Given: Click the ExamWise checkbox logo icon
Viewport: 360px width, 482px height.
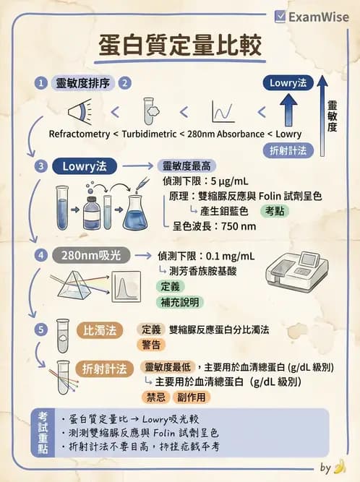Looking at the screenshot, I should (x=281, y=16).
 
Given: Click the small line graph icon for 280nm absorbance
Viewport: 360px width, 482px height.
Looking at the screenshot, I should (x=222, y=112).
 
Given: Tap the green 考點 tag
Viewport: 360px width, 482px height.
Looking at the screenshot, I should (x=274, y=211).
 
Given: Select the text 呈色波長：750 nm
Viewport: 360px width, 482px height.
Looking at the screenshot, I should (x=214, y=226).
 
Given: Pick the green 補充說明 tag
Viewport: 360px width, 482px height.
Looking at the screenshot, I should (x=181, y=301).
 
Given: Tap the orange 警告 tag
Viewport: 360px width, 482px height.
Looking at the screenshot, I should (x=151, y=345).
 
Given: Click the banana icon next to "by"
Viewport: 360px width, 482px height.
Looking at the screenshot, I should (x=340, y=467).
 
